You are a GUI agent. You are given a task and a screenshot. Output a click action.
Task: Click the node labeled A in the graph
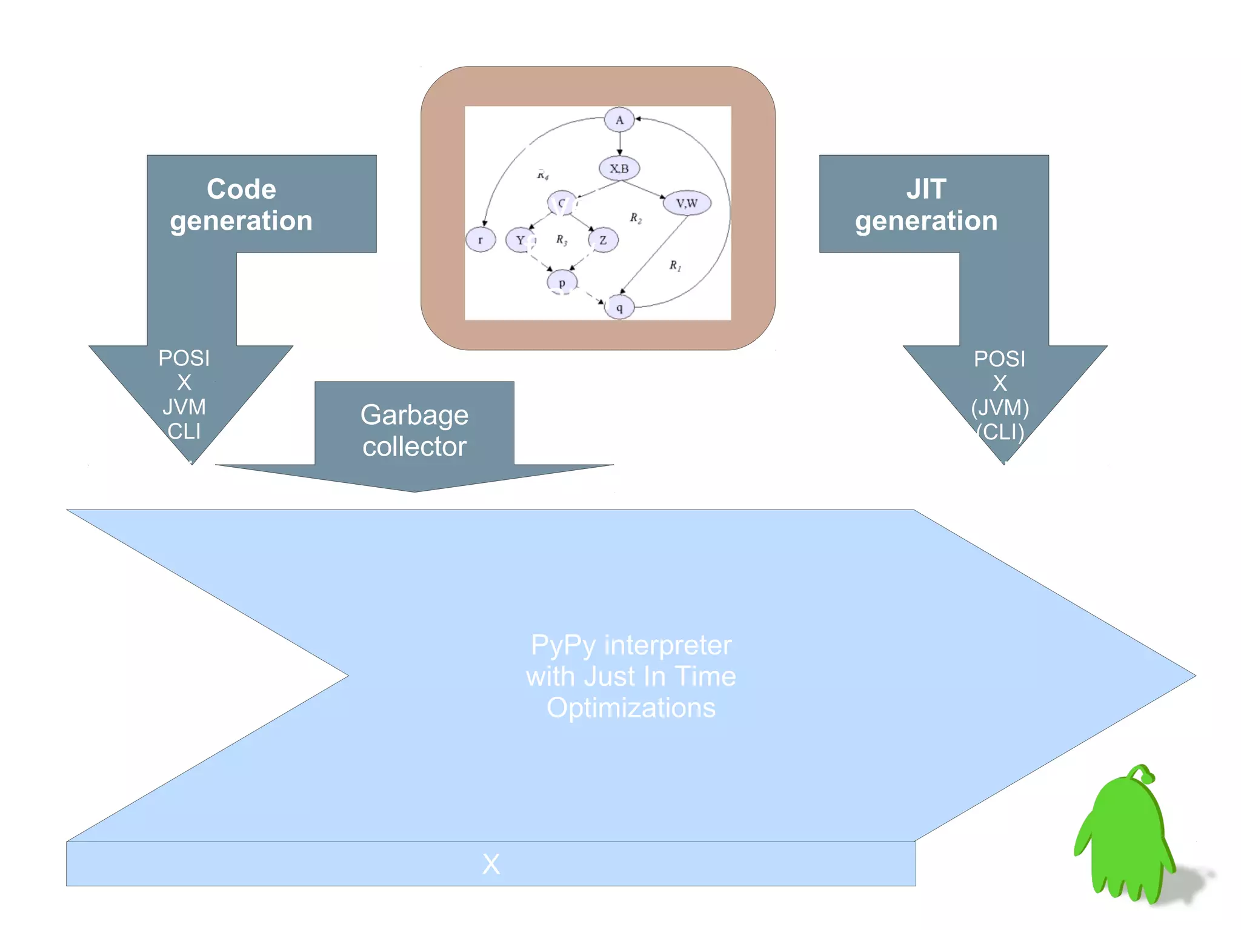click(619, 119)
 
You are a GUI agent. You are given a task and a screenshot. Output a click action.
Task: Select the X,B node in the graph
click(619, 168)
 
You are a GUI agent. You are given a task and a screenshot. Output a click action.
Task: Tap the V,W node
click(687, 203)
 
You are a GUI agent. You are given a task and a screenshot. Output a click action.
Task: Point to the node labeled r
click(481, 240)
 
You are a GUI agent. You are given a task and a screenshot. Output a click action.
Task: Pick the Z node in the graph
click(603, 240)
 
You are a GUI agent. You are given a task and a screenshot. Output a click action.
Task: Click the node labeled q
click(619, 307)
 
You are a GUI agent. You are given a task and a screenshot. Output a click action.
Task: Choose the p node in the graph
click(562, 282)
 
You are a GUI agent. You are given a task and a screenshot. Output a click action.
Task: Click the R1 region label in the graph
click(675, 265)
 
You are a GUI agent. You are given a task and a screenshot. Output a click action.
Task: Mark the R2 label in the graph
click(635, 218)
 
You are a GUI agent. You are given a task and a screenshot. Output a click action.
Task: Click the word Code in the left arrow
click(241, 189)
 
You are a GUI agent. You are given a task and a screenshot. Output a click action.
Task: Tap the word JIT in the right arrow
click(926, 189)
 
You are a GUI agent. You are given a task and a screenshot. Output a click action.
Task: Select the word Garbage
click(414, 416)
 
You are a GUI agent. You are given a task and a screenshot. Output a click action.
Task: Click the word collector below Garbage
click(414, 447)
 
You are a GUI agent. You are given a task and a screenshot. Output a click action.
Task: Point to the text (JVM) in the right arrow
click(1000, 407)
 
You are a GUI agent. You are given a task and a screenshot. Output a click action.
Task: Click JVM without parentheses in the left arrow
click(184, 407)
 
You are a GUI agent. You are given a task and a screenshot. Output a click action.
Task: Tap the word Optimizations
click(631, 708)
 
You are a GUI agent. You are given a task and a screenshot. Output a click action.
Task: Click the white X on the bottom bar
click(491, 864)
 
